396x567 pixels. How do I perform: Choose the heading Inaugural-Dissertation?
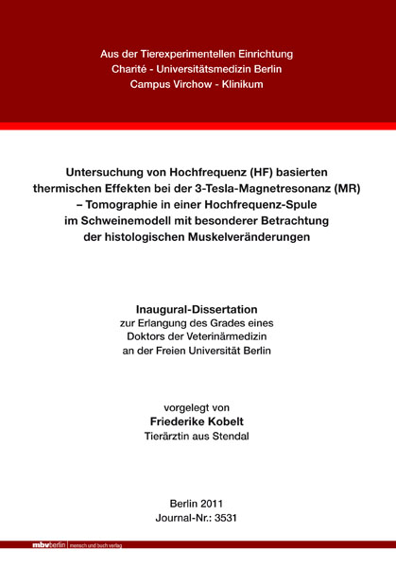coord(198,309)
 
